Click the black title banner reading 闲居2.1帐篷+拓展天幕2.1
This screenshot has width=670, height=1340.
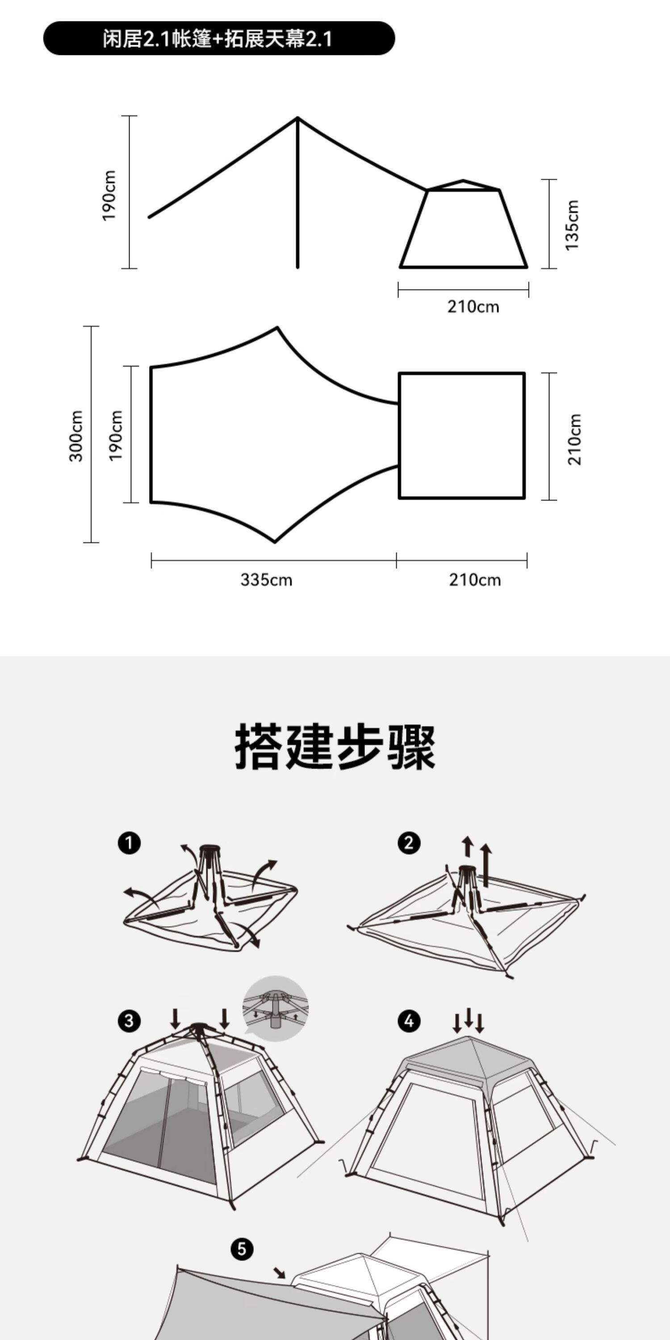(218, 38)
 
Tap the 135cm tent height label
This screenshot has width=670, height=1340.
(572, 225)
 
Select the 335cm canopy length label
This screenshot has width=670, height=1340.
(266, 579)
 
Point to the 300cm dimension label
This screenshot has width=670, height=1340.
(76, 435)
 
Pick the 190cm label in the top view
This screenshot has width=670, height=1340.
(116, 435)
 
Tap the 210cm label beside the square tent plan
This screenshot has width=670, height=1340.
(574, 439)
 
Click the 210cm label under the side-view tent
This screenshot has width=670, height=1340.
(473, 306)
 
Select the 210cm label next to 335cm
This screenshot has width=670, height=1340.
(475, 579)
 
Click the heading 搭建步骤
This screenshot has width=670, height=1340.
(335, 747)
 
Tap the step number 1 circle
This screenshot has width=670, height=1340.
(129, 843)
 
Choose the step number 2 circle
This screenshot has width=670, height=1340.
(409, 843)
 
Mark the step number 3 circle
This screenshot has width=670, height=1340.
(129, 1021)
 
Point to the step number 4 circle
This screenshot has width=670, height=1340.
(409, 1021)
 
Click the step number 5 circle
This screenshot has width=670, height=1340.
(242, 1249)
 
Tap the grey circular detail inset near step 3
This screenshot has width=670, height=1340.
(276, 1008)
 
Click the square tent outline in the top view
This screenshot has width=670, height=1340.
(462, 435)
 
